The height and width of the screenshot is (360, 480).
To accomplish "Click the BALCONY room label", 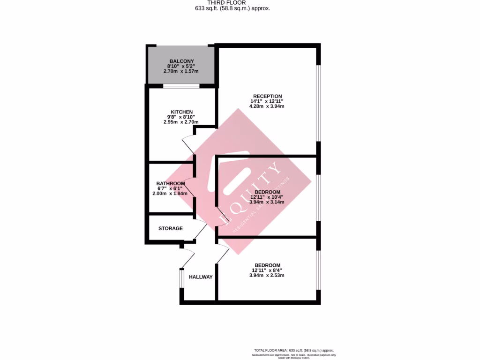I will point(180,61).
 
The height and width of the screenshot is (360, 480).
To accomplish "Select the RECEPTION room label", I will point(267,96).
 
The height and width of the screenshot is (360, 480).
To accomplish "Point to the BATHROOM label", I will point(171,183).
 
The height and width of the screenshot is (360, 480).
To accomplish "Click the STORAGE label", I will point(170,228).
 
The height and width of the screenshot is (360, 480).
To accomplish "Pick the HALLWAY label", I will point(201,277).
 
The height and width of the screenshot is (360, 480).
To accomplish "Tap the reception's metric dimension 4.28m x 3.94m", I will point(267,106).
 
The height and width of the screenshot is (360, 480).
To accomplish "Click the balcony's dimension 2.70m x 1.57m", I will point(180,71).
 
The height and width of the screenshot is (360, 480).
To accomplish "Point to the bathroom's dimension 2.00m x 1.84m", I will point(170,194).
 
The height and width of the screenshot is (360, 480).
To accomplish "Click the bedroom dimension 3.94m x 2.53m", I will point(267,275).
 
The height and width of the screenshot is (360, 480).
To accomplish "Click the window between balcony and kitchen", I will point(181,86).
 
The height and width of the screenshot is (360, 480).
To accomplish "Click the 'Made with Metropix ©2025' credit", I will point(294,358).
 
